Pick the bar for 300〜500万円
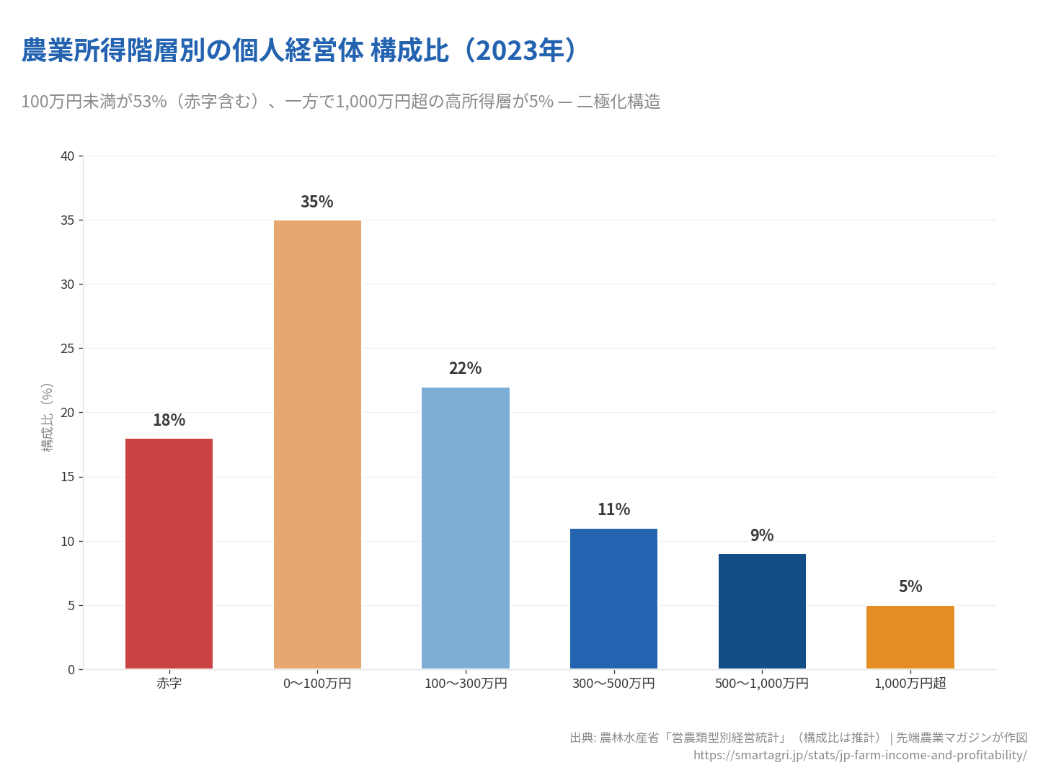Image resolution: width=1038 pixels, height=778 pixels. pos(613,599)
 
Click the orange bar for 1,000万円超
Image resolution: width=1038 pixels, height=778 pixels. pos(910,637)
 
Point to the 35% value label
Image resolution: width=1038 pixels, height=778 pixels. pos(317,202)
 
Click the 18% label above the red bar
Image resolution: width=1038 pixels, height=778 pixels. pos(169,420)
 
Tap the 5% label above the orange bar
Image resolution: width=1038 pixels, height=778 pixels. pos(910,586)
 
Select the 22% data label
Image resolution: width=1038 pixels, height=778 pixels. pos(465,368)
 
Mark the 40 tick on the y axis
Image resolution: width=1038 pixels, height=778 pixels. pos(68,156)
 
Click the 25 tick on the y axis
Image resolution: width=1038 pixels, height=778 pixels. pos(68,349)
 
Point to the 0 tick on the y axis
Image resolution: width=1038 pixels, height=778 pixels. pos(71,669)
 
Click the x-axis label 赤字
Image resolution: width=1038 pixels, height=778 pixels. pos(169,683)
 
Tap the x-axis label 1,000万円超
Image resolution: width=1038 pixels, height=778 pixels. pos(910,683)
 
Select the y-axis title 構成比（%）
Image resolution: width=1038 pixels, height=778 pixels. pos(48,417)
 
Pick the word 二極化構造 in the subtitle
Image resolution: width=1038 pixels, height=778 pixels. pos(618,102)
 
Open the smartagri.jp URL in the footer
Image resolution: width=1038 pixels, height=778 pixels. pos(860,755)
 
